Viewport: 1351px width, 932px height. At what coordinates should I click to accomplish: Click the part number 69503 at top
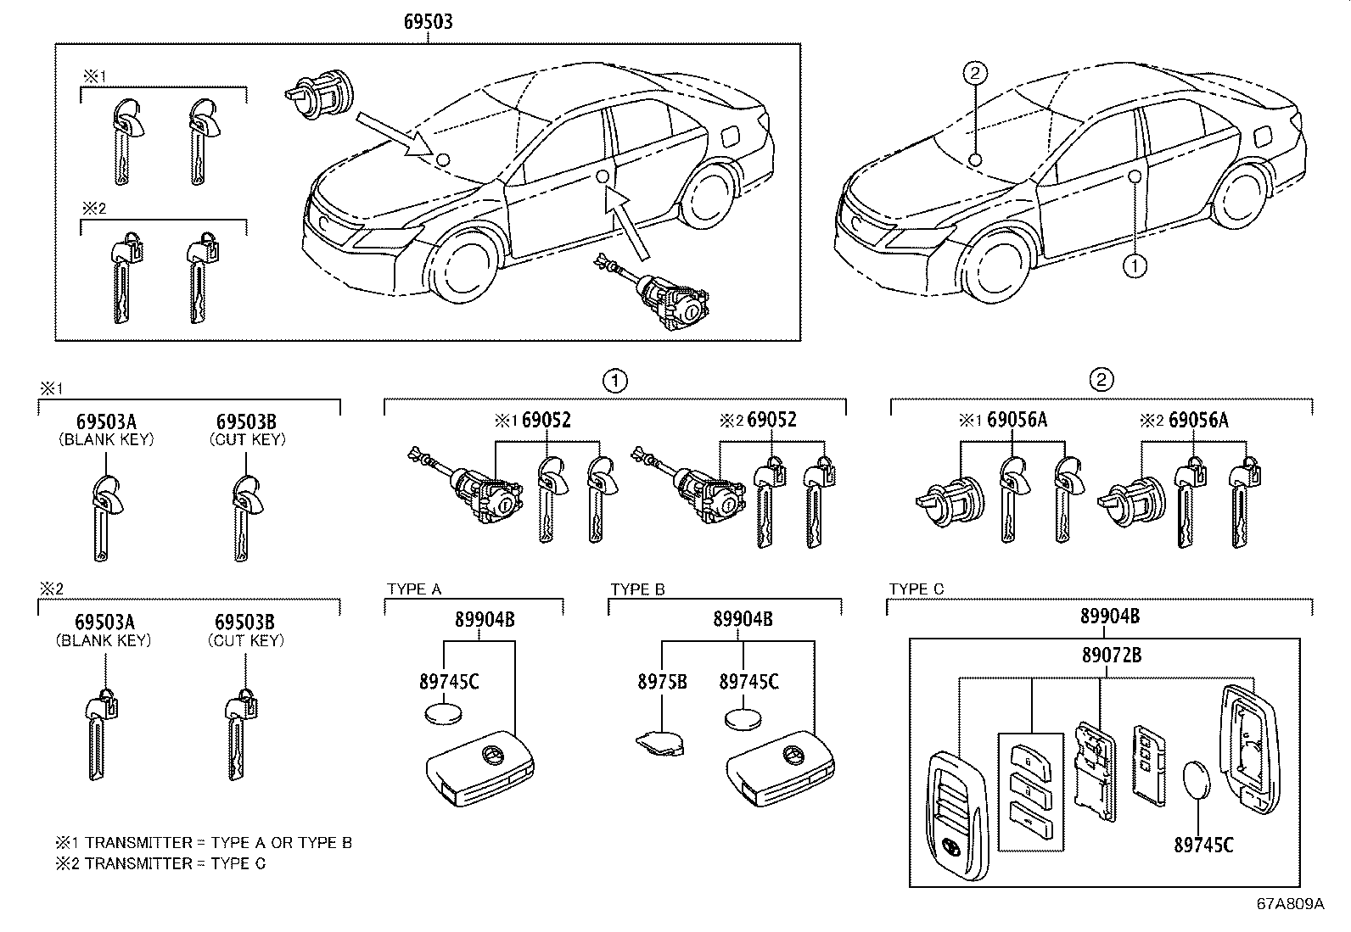click(x=427, y=21)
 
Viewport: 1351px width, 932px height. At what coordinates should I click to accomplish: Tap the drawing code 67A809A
click(x=1290, y=903)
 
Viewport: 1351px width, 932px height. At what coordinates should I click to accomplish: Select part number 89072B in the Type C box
click(x=1111, y=655)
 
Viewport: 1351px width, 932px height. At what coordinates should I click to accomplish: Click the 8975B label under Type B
click(x=662, y=680)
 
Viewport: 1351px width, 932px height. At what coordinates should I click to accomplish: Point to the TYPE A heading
click(x=414, y=589)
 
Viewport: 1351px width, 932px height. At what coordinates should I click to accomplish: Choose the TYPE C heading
click(x=917, y=589)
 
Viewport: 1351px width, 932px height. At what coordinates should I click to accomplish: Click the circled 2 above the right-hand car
click(x=975, y=74)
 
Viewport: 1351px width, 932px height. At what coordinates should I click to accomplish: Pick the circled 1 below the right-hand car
click(x=1135, y=265)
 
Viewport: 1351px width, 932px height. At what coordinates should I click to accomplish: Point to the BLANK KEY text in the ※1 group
click(x=105, y=439)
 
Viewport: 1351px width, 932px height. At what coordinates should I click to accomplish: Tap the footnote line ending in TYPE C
click(x=160, y=863)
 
